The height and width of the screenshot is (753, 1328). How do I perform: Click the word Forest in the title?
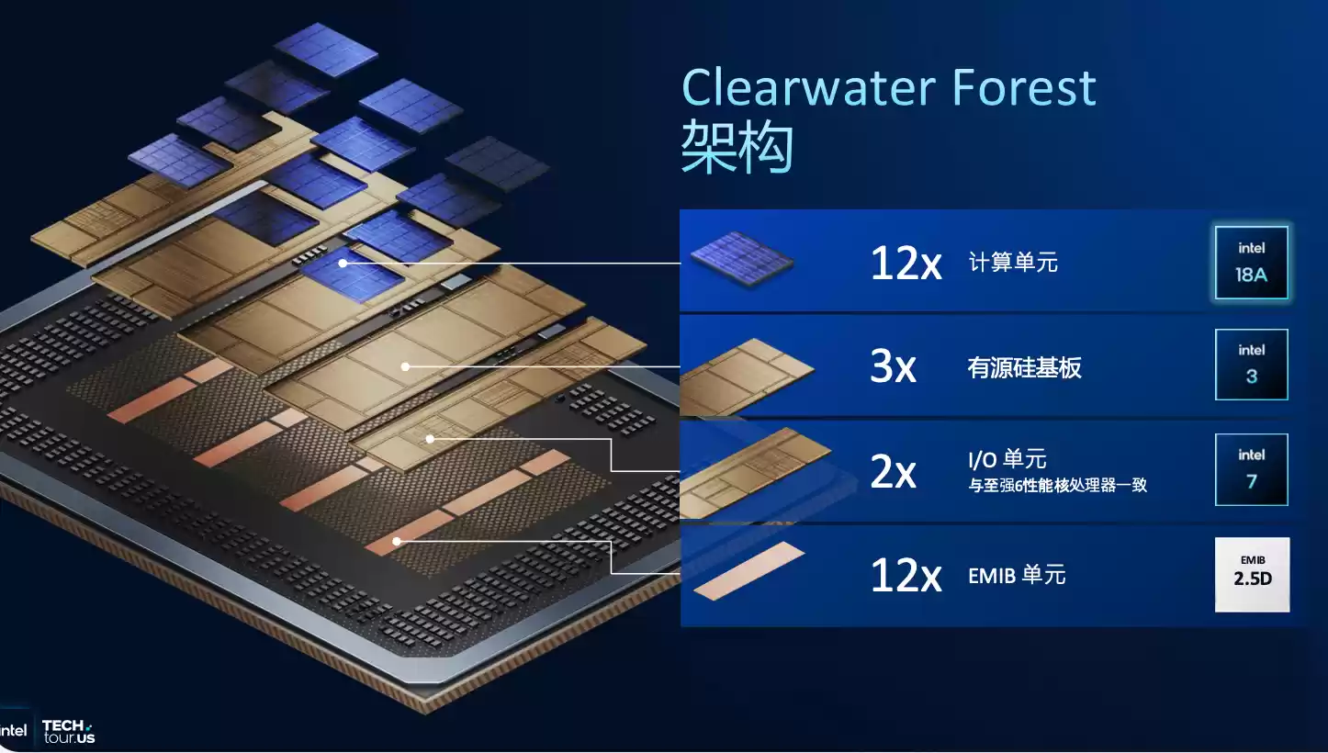tap(1024, 88)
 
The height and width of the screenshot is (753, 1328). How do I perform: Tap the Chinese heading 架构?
tap(737, 148)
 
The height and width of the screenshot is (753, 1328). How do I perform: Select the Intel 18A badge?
tap(1251, 263)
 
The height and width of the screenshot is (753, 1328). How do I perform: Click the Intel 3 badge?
tap(1251, 365)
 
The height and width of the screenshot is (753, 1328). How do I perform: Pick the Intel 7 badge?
tap(1251, 469)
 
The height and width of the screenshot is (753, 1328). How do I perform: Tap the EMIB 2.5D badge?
tap(1252, 575)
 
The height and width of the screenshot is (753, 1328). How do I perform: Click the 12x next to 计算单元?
tap(906, 264)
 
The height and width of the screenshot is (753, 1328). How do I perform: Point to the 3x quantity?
tap(893, 368)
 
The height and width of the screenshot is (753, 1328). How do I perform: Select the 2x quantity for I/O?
tap(893, 472)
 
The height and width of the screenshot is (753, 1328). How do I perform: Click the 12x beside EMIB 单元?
tap(906, 577)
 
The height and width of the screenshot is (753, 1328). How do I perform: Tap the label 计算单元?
tap(1013, 264)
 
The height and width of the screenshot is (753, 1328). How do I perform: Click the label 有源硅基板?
tap(1024, 368)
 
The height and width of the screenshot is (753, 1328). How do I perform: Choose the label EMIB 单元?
tap(1017, 576)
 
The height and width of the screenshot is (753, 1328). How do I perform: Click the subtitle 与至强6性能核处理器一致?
tap(1058, 486)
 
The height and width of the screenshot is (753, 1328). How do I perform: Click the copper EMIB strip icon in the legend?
tap(748, 572)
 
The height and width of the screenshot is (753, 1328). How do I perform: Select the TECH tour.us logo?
tap(69, 731)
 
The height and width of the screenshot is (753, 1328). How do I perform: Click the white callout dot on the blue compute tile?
tap(343, 264)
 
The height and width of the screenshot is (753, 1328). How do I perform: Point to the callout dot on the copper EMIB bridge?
tap(397, 541)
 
